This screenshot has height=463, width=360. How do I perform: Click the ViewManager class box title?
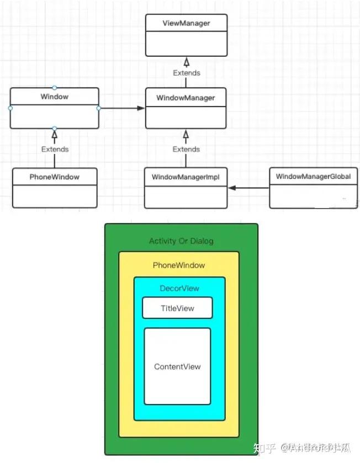tap(186, 23)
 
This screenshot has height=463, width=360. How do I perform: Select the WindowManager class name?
tap(186, 98)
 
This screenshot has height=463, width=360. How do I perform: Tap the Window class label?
tap(54, 97)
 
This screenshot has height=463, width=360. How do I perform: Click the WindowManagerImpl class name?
tap(186, 177)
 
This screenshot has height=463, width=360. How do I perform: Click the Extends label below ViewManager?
tap(186, 73)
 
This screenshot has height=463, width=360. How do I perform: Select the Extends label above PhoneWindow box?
tap(55, 149)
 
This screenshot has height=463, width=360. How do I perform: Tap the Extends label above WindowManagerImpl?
tap(186, 149)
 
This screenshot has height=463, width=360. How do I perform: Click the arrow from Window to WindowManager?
tap(121, 108)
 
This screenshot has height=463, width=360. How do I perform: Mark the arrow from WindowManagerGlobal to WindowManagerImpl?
tap(248, 188)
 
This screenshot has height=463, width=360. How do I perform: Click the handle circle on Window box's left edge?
tap(10, 108)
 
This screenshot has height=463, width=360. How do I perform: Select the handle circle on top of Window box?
tap(54, 88)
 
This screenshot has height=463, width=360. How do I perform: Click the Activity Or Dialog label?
tap(181, 241)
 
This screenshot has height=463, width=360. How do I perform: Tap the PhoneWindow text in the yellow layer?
tap(179, 265)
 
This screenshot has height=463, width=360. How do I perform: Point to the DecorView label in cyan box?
tap(179, 289)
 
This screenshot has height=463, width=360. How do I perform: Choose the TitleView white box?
tap(177, 308)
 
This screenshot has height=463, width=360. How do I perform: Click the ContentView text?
tap(177, 367)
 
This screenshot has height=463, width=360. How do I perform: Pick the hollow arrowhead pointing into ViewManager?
tap(186, 61)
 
